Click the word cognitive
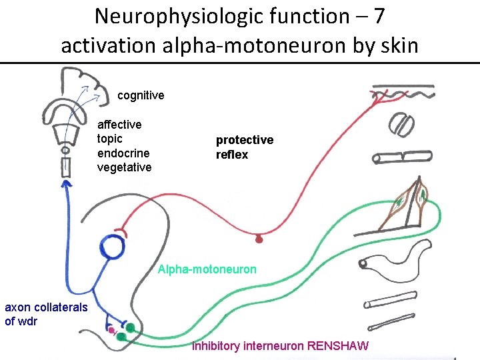click(141, 95)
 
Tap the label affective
click(119, 125)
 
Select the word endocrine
click(124, 153)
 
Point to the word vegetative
click(124, 167)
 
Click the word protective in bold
click(244, 140)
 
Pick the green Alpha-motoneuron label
click(207, 270)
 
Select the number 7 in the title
click(380, 15)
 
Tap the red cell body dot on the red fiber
click(260, 237)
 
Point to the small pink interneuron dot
click(111, 329)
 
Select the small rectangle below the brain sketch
click(65, 167)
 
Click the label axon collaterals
click(46, 307)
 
